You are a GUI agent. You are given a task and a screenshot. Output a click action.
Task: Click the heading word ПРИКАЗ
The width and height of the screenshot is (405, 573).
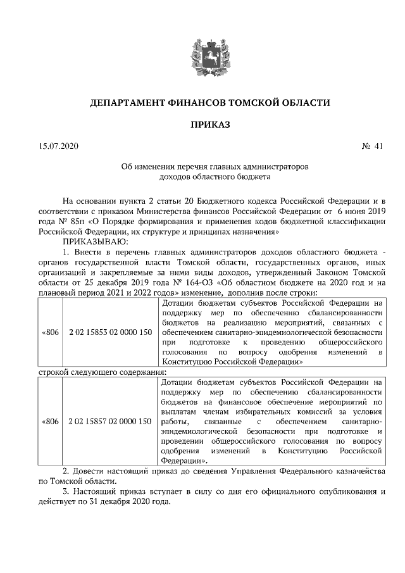pyautogui.click(x=202, y=123)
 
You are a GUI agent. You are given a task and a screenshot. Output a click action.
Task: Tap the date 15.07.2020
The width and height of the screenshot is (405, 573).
pyautogui.click(x=58, y=147)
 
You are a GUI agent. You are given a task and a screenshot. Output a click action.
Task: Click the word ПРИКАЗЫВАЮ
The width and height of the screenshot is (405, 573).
pyautogui.click(x=94, y=242)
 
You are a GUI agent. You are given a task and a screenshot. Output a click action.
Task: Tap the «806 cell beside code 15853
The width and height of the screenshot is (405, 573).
pyautogui.click(x=51, y=331)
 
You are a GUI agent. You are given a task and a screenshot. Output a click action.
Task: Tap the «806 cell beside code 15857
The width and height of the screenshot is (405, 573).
pyautogui.click(x=51, y=421)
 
